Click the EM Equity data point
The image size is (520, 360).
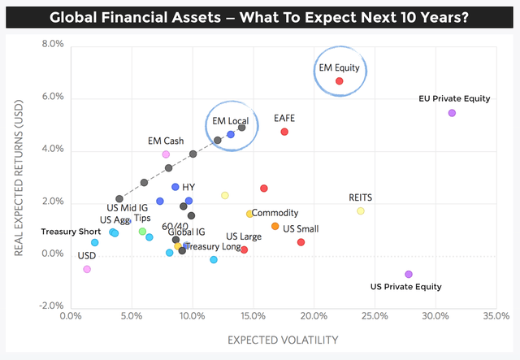pos(340,81)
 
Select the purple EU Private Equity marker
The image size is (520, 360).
pos(452,113)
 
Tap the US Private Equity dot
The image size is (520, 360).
pos(409,274)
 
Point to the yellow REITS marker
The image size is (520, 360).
pos(361,211)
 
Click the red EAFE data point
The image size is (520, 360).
pos(284,132)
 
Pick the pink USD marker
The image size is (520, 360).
pos(87,269)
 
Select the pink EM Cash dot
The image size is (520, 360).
pos(166,154)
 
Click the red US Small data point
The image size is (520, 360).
pos(301,242)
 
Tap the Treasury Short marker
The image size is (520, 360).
pos(95,242)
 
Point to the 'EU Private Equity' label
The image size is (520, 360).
pos(454,99)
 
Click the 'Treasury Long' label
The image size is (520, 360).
pos(214,245)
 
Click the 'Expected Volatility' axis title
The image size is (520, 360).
pos(283,340)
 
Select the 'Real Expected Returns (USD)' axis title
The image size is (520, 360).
pos(18,179)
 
